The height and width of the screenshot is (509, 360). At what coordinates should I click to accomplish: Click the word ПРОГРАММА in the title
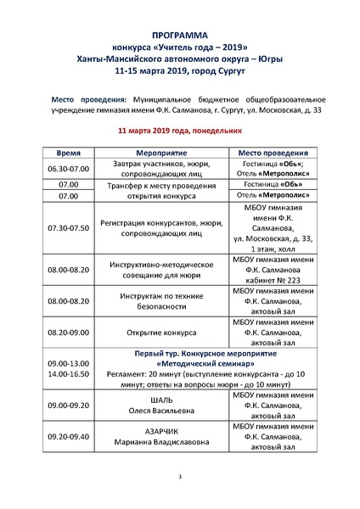tap(179, 28)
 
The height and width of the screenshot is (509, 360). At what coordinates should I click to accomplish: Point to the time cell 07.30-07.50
tap(69, 228)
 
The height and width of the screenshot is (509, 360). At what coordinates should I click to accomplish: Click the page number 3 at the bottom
tap(180, 478)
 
